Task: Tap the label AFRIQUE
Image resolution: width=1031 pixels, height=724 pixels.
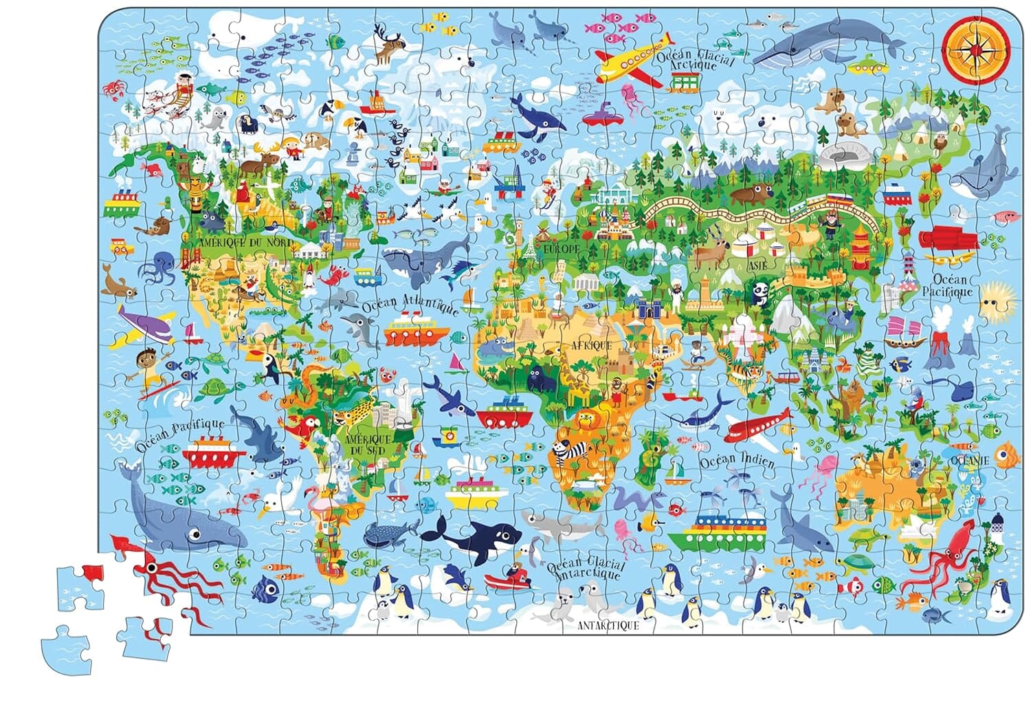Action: coord(589,346)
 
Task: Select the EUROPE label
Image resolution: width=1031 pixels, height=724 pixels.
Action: coord(562,248)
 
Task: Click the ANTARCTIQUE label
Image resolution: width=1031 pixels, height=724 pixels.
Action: coord(608,625)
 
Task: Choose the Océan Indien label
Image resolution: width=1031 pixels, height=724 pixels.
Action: coord(736,460)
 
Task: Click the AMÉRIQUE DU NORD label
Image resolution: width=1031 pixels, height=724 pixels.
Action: coord(246,243)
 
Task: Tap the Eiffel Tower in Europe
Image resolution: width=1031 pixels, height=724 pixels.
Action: coord(529,248)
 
